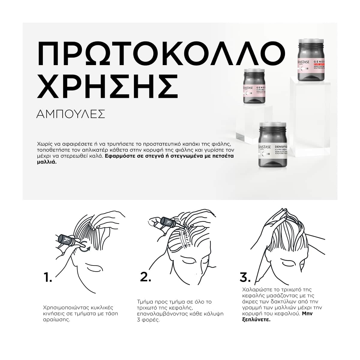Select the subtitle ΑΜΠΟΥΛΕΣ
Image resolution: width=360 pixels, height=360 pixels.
pos(70,114)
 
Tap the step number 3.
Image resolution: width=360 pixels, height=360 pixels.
pos(245,277)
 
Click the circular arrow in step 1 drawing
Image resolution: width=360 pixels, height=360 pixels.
pos(84,245)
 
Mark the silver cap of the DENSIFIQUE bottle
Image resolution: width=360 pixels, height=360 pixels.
pos(273,125)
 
